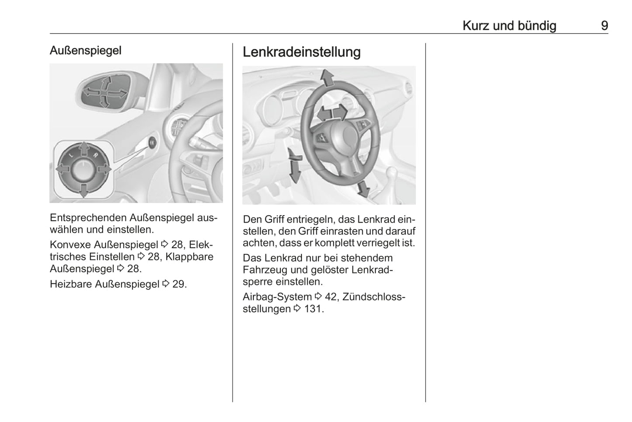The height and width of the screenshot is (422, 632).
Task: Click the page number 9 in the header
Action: point(604,26)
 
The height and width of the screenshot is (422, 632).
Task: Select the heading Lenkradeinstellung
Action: point(302,52)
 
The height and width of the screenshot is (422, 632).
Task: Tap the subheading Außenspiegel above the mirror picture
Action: point(85,51)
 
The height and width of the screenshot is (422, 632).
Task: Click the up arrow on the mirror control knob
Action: point(84,149)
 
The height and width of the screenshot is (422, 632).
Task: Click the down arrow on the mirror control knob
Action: point(84,191)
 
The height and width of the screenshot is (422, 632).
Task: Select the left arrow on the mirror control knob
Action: point(63,169)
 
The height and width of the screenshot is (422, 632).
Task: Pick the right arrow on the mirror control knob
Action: point(105,169)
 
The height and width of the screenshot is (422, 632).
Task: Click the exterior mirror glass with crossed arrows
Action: point(105,93)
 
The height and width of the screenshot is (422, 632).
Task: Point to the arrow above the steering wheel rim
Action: point(328,77)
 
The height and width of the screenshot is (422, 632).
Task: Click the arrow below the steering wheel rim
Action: point(363,188)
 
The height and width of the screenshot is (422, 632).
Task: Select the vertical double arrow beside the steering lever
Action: point(294,166)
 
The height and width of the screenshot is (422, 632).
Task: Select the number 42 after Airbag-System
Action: point(331,297)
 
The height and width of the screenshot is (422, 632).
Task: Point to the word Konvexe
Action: point(71,244)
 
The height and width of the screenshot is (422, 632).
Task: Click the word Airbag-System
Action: point(277,297)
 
